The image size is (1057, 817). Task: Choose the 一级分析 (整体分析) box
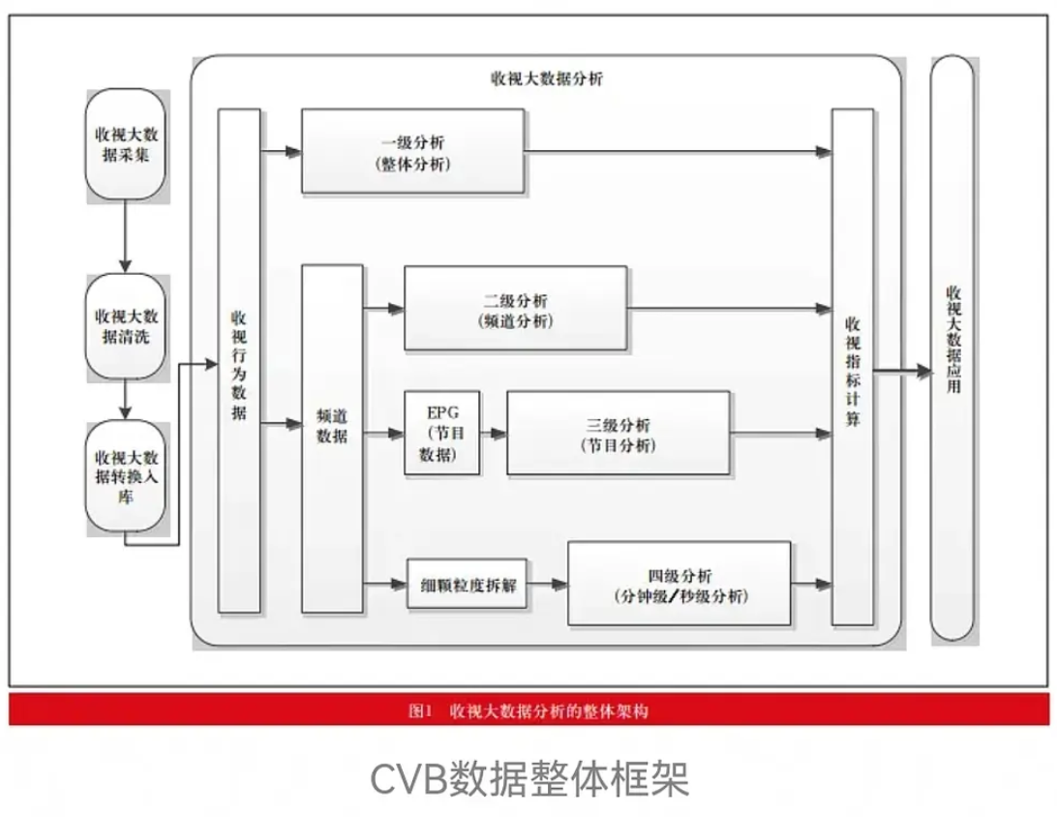point(412,151)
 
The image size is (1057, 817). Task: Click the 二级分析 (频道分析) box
point(516,308)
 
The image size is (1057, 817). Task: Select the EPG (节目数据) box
point(441,432)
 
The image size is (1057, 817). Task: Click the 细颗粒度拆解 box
point(468,585)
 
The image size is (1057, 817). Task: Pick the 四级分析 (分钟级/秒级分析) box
point(679,584)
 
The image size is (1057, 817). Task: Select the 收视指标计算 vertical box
point(853,368)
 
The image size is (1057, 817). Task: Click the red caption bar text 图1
point(420,711)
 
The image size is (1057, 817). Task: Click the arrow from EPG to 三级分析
point(494,434)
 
